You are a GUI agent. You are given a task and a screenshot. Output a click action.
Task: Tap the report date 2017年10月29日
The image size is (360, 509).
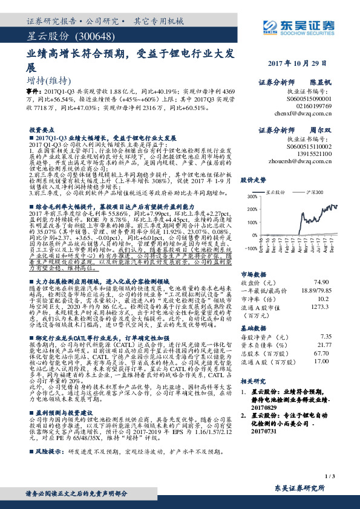coord(300,63)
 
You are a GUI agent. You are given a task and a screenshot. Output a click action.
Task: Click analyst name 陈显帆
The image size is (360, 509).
coord(321,80)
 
